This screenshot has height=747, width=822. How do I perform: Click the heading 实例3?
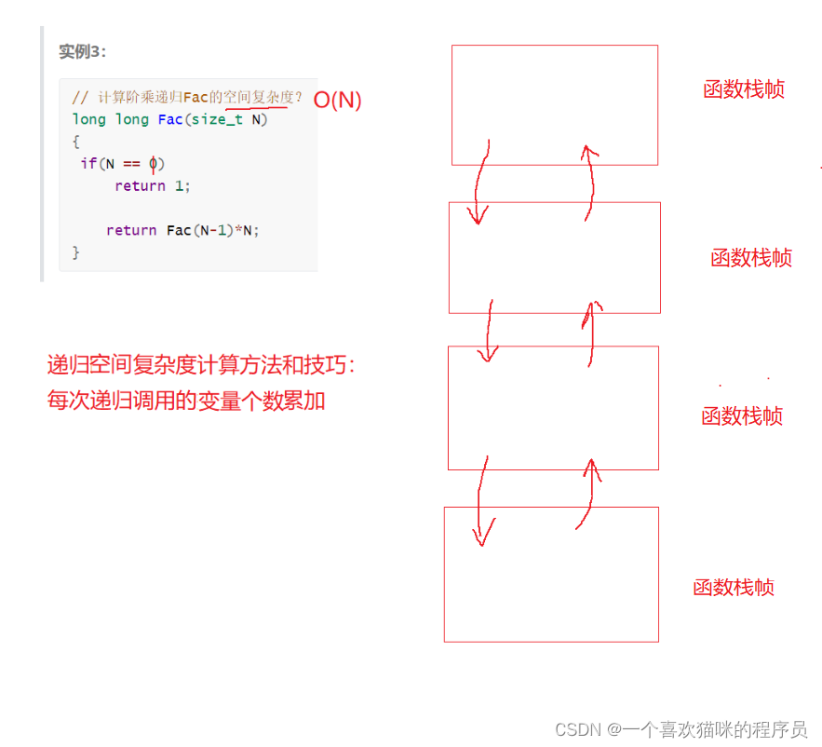click(x=82, y=52)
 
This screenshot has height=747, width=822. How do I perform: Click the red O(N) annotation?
click(x=337, y=101)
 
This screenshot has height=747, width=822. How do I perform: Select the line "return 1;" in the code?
click(x=153, y=186)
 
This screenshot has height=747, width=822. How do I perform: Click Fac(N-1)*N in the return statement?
click(x=211, y=230)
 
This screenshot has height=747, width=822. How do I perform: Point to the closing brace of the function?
click(x=76, y=252)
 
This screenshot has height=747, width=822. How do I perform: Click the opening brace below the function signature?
click(x=76, y=142)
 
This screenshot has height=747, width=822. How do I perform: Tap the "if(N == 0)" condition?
click(x=122, y=164)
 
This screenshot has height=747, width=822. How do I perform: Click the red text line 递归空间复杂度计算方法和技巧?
click(x=201, y=366)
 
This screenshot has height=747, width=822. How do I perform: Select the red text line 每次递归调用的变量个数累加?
click(x=186, y=401)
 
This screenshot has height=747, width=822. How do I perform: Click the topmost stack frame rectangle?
click(x=554, y=104)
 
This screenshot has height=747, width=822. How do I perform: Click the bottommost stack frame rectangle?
click(x=551, y=574)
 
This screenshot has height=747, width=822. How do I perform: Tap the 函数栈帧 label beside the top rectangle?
click(x=743, y=89)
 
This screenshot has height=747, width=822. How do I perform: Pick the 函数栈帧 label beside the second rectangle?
click(x=750, y=258)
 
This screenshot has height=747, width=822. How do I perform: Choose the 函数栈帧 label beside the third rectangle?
click(x=741, y=416)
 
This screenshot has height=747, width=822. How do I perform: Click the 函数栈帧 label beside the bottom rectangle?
click(x=733, y=588)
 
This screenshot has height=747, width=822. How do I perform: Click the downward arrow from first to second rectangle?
click(x=479, y=183)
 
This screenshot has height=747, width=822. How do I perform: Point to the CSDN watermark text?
click(x=681, y=729)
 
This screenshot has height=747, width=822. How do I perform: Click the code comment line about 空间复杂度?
click(x=187, y=97)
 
